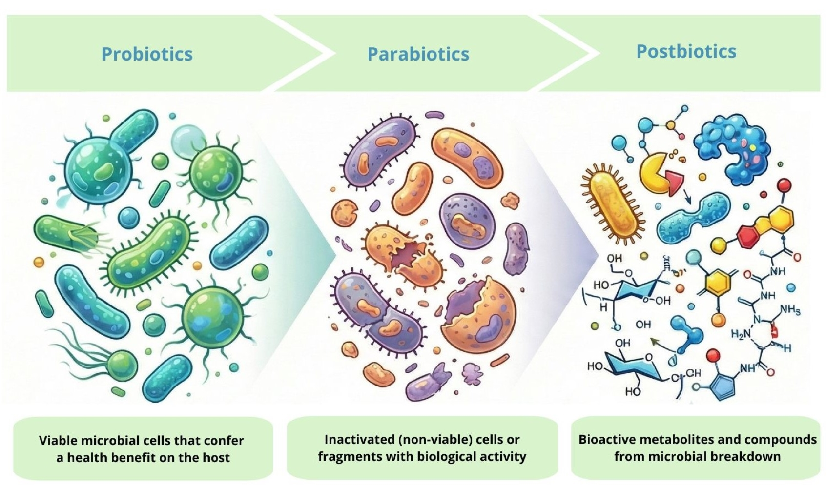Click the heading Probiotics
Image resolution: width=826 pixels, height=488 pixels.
tap(147, 54)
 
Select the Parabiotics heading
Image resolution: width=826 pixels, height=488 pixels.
tap(418, 54)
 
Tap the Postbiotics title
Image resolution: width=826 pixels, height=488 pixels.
tap(686, 51)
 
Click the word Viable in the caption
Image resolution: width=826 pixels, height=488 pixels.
tap(58, 441)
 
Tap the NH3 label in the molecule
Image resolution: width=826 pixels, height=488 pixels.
tap(790, 310)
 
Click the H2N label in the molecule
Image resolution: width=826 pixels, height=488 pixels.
tap(740, 334)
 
